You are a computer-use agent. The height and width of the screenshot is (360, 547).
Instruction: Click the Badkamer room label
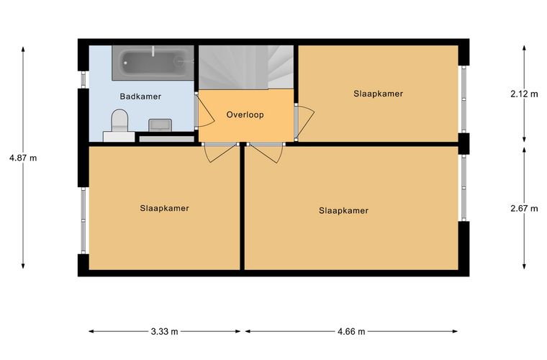[140, 96]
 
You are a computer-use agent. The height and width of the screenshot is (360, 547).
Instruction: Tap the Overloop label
[245, 114]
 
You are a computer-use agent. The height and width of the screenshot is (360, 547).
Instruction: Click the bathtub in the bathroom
[153, 63]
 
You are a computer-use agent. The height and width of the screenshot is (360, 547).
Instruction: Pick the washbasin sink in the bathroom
[160, 125]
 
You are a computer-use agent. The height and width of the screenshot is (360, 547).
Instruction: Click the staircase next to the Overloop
[246, 68]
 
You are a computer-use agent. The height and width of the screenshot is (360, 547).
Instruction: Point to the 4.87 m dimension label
[23, 158]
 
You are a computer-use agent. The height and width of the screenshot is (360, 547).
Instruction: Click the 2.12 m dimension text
[524, 94]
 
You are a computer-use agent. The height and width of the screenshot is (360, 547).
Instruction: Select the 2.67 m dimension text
[524, 209]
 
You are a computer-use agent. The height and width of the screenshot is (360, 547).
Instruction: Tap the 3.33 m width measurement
[164, 331]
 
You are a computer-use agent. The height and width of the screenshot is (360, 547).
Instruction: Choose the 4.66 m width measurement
[351, 331]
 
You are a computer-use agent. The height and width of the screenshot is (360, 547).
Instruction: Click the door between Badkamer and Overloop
[204, 110]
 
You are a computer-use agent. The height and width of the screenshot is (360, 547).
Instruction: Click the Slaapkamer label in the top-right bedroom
[378, 94]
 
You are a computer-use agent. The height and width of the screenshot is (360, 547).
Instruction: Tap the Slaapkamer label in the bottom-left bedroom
[164, 208]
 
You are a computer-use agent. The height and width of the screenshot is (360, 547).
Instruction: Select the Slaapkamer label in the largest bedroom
[343, 211]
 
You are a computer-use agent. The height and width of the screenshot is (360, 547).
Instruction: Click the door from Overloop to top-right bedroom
[304, 122]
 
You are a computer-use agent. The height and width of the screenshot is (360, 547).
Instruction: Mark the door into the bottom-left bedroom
[220, 152]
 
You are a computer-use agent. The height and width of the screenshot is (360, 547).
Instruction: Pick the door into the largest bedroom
[266, 152]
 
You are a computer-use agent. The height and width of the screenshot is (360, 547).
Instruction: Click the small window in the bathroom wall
[83, 79]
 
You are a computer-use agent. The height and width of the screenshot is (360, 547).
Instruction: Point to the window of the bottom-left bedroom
[83, 220]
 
